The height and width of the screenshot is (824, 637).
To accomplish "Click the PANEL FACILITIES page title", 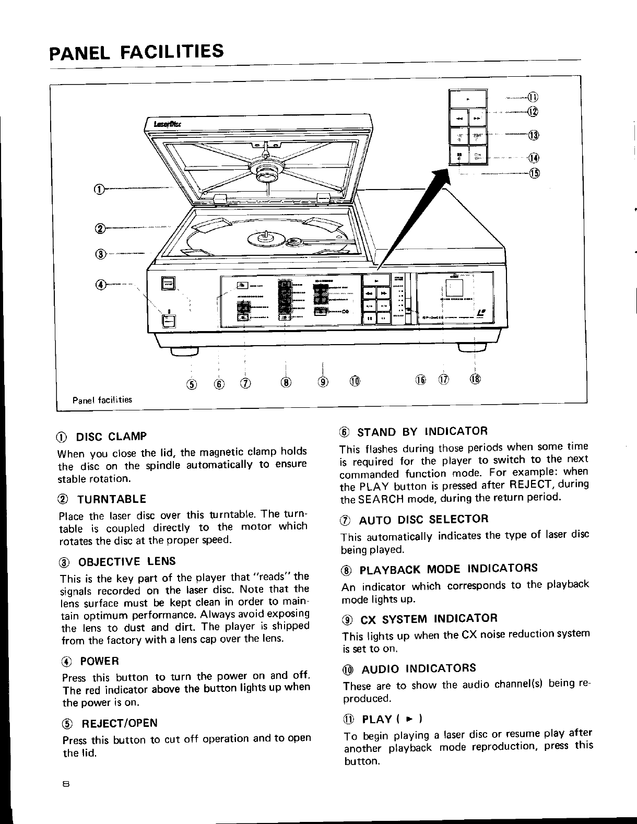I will pyautogui.click(x=136, y=52).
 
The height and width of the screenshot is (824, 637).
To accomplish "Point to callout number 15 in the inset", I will pyautogui.click(x=533, y=173).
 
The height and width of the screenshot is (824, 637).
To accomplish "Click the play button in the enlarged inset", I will pyautogui.click(x=468, y=98).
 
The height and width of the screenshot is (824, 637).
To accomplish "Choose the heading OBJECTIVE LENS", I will pyautogui.click(x=127, y=562).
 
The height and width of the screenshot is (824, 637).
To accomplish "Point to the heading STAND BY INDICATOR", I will pyautogui.click(x=422, y=431).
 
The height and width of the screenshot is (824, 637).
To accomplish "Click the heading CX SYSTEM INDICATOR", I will pyautogui.click(x=429, y=619).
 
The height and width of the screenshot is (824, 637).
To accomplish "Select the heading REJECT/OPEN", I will pyautogui.click(x=117, y=723).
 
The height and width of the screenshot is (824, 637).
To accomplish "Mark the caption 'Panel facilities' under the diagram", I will pyautogui.click(x=102, y=400).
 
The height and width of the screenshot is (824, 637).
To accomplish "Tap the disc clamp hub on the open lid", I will pyautogui.click(x=267, y=169).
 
